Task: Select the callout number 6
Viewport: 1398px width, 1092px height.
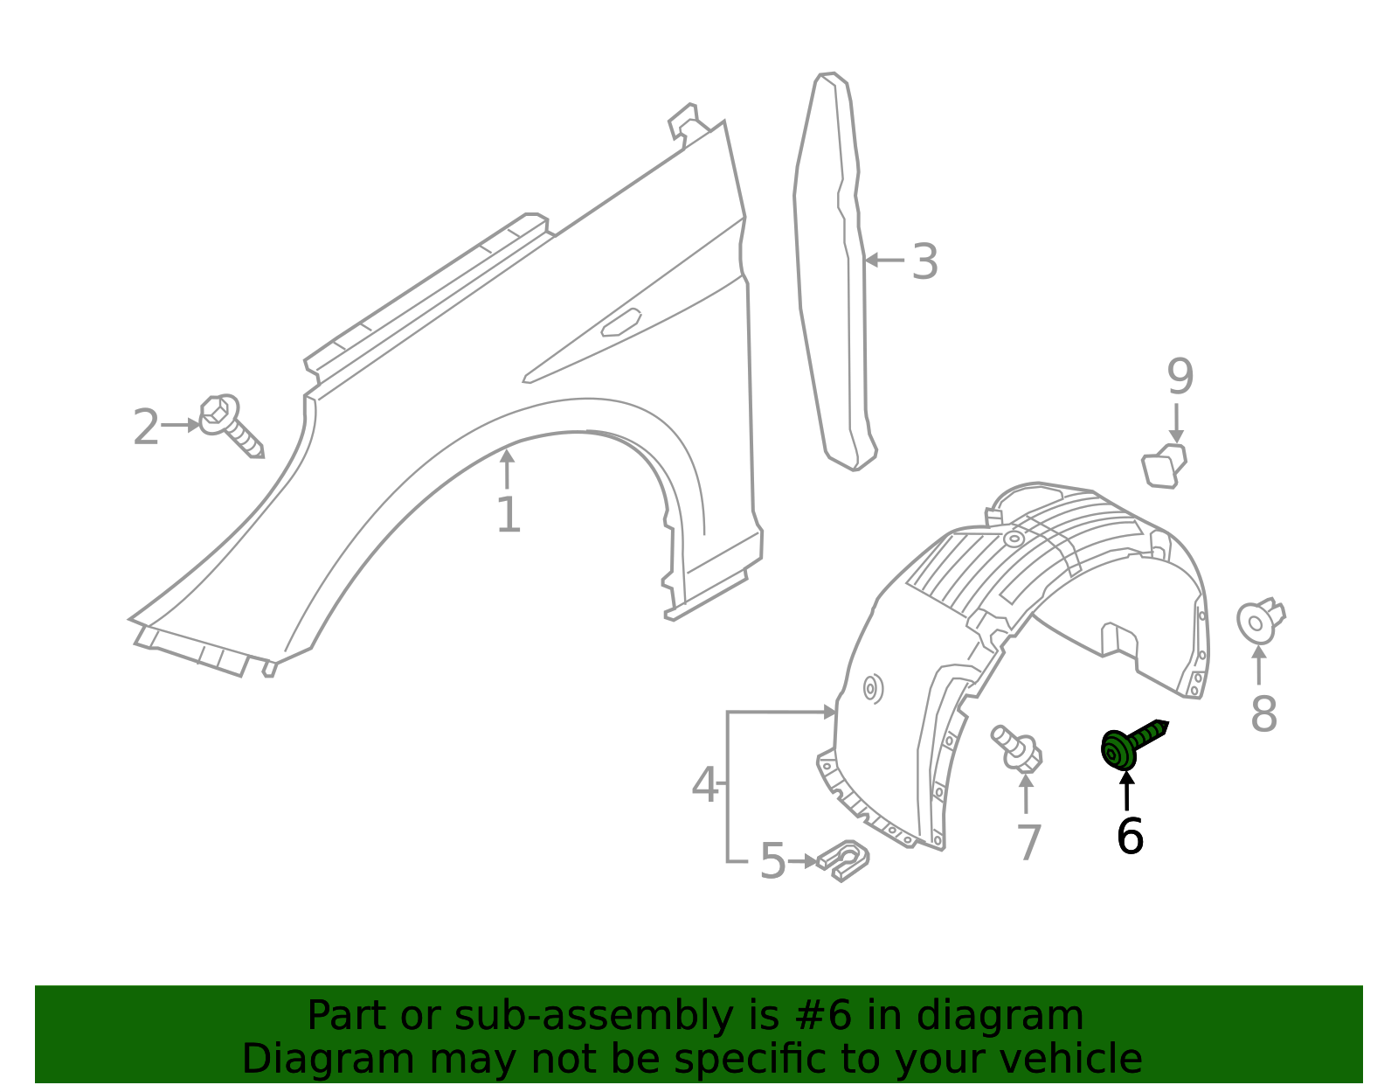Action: coord(1130,837)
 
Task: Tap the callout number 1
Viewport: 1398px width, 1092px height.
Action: coord(509,514)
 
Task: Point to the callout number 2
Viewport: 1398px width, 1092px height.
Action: coord(146,427)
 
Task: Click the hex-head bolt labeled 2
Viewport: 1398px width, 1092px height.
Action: coord(231,425)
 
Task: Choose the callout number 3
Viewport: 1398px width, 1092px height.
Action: coord(925,262)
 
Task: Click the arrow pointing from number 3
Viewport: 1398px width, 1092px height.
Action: coord(884,261)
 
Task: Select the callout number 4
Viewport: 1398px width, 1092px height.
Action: coord(705,784)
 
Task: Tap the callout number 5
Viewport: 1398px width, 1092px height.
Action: coord(772,861)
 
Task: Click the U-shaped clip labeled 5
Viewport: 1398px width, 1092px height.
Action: coord(843,860)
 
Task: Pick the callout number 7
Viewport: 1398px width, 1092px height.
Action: coord(1028,843)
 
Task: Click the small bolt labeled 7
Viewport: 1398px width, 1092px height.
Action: coord(1016,748)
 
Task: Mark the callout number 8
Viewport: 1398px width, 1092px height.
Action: coord(1263,714)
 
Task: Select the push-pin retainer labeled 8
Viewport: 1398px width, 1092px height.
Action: coord(1260,620)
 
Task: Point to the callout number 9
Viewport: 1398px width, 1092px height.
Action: coord(1180,377)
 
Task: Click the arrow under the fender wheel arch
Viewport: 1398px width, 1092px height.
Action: coord(507,469)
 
